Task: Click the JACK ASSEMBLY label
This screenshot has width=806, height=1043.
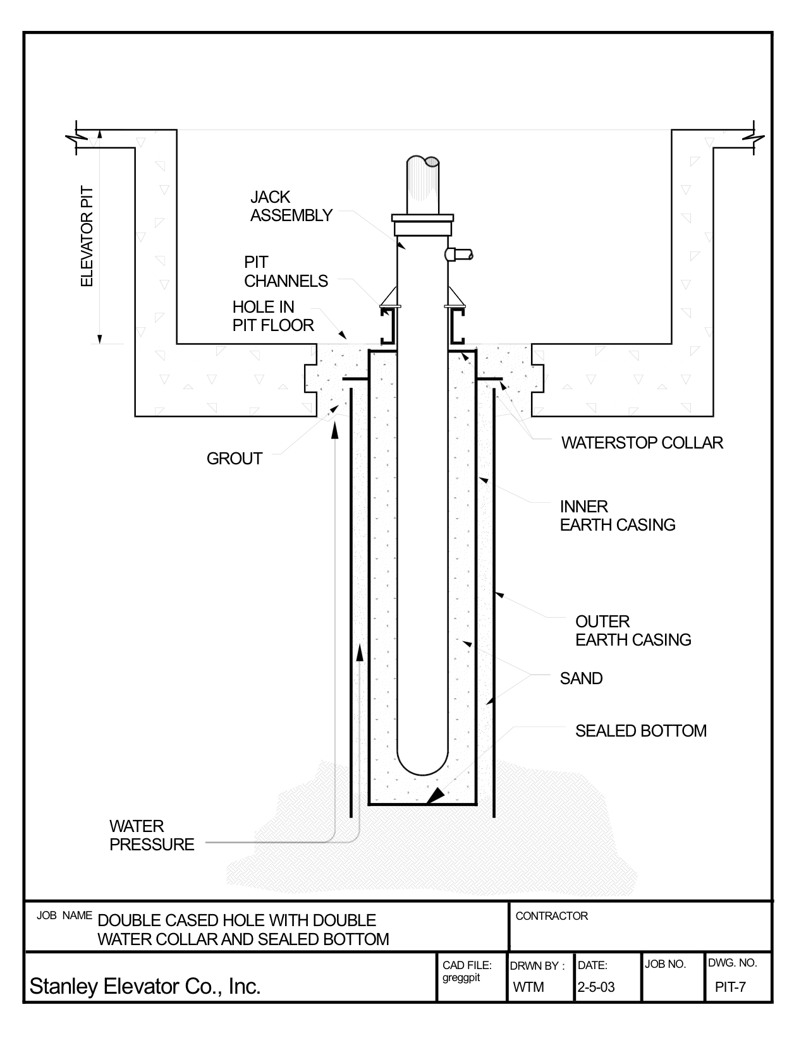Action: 291,207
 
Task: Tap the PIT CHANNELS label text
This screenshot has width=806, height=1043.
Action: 286,272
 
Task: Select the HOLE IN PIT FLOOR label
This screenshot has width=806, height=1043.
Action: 273,317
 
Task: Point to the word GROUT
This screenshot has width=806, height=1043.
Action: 235,459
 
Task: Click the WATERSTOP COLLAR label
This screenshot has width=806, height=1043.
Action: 642,443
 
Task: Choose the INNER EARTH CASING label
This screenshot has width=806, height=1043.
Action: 617,516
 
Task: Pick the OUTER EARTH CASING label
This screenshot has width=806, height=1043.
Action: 633,630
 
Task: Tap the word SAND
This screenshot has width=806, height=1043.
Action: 581,678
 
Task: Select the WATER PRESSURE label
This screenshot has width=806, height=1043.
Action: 152,835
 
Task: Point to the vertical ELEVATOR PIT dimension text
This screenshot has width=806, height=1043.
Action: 87,237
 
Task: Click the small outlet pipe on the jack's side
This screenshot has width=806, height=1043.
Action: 459,255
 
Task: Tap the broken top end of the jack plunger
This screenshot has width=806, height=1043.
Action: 423,161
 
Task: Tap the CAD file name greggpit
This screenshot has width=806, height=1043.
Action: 461,978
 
